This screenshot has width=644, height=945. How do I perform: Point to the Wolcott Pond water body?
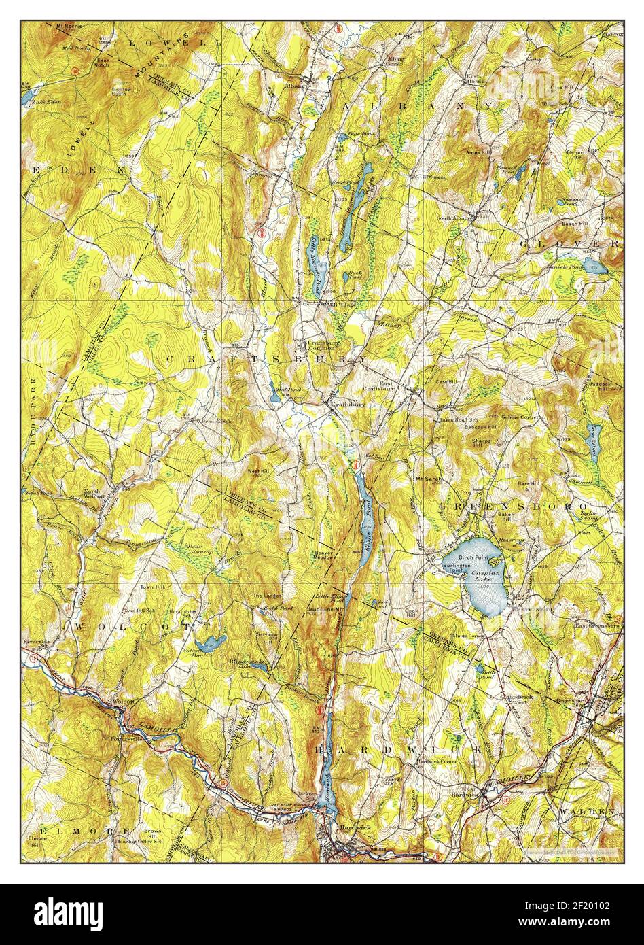click(210, 642)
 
